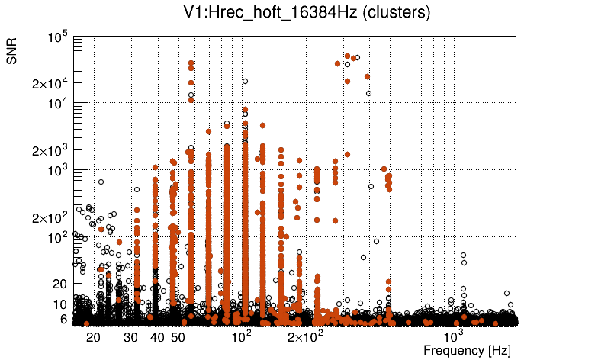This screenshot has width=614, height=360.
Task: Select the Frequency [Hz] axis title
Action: pyautogui.click(x=466, y=350)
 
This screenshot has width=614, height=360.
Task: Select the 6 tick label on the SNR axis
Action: pyautogui.click(x=63, y=320)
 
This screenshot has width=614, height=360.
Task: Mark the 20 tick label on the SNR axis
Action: pyautogui.click(x=59, y=284)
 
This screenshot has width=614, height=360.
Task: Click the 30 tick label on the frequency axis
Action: pyautogui.click(x=132, y=337)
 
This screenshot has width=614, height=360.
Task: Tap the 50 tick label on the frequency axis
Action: pyautogui.click(x=177, y=337)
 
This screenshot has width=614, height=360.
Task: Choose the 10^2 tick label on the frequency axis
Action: pyautogui.click(x=241, y=336)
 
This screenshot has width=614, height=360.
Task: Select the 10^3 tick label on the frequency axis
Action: pyautogui.click(x=455, y=336)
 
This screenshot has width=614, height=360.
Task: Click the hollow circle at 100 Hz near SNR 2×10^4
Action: pyautogui.click(x=245, y=81)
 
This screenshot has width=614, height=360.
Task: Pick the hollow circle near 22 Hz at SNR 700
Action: pyautogui.click(x=101, y=182)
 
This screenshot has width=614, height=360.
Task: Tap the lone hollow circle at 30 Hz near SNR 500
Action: pyautogui.click(x=137, y=189)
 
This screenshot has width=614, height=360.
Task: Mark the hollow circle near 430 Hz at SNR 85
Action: pyautogui.click(x=376, y=242)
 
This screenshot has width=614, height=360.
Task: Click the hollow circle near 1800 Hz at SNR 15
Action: pyautogui.click(x=506, y=293)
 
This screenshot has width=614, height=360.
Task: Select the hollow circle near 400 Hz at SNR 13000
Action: pyautogui.click(x=369, y=94)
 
